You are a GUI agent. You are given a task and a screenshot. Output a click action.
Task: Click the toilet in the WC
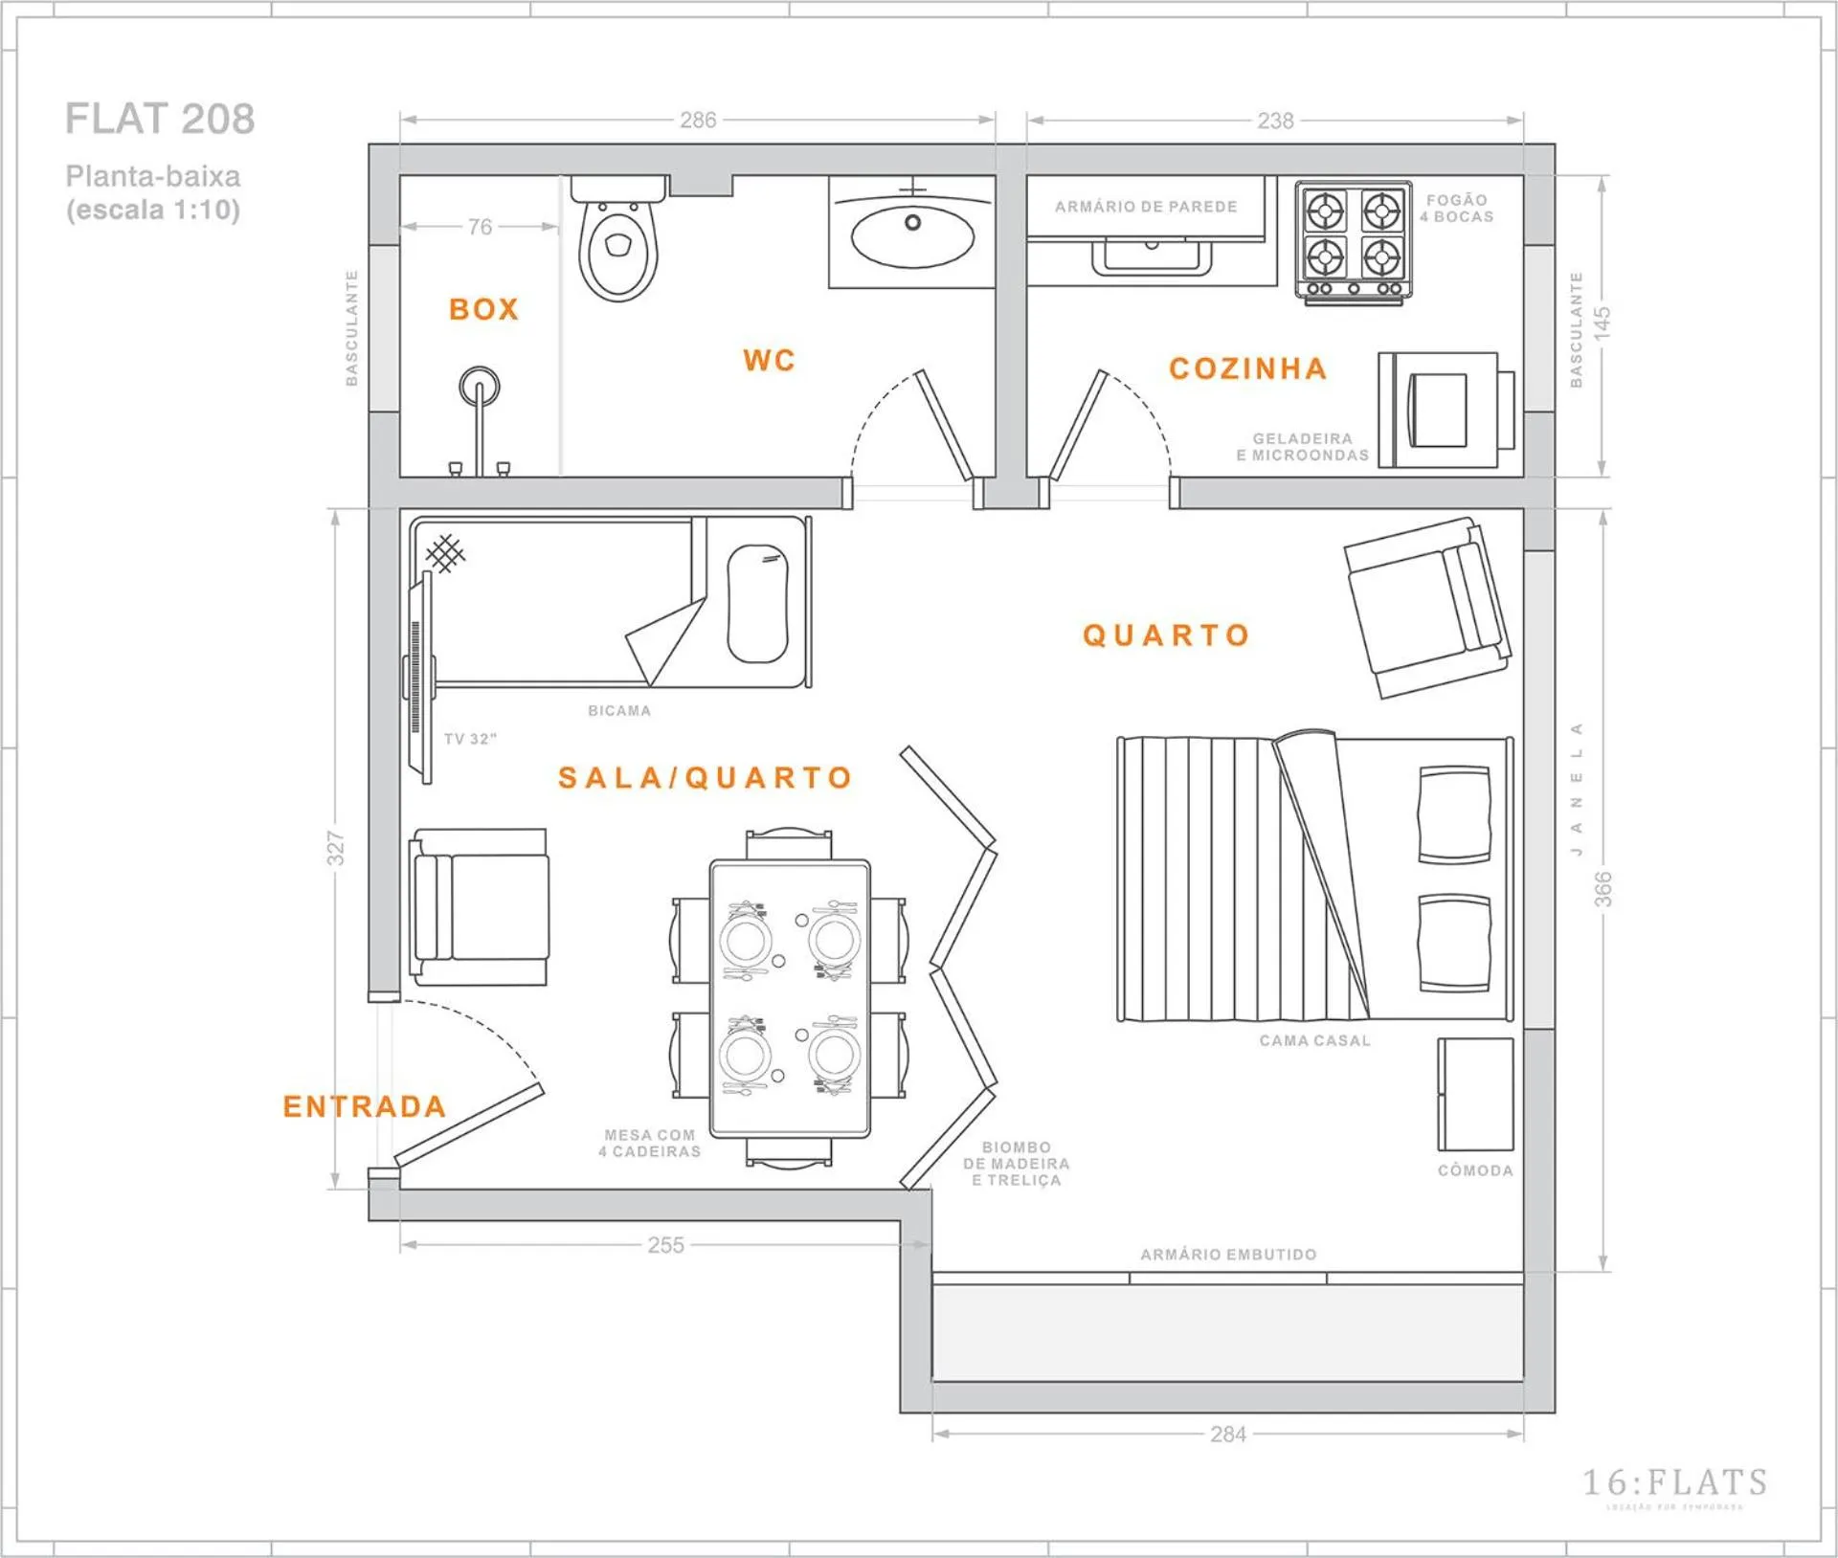(618, 245)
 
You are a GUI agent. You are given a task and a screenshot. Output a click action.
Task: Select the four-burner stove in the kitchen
(1353, 241)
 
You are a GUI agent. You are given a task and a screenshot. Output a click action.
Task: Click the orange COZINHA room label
(1248, 369)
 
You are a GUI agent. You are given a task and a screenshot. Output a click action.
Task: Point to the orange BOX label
(483, 309)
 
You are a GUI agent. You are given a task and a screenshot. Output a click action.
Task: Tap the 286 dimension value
(698, 121)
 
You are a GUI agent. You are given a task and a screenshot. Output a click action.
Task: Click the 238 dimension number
(1275, 122)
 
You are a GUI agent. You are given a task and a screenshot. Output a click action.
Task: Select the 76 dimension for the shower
(480, 227)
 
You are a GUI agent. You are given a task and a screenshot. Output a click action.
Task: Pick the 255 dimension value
(665, 1245)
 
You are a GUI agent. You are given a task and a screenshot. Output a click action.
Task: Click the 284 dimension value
(1228, 1434)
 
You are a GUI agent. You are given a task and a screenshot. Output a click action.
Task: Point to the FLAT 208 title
(160, 119)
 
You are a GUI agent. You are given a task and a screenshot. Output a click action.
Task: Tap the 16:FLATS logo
(1674, 1483)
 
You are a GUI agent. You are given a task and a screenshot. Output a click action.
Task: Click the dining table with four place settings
(790, 998)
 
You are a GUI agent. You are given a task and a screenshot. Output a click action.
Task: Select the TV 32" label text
(470, 739)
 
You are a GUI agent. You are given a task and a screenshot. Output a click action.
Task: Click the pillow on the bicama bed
(757, 604)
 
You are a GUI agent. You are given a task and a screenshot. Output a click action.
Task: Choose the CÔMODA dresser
(1475, 1095)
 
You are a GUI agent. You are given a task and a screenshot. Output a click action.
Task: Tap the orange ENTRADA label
(365, 1107)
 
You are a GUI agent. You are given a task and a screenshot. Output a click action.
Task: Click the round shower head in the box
(479, 387)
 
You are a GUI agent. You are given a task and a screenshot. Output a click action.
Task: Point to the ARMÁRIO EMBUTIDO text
(1228, 1255)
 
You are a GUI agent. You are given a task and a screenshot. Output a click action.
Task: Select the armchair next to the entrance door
(480, 906)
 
